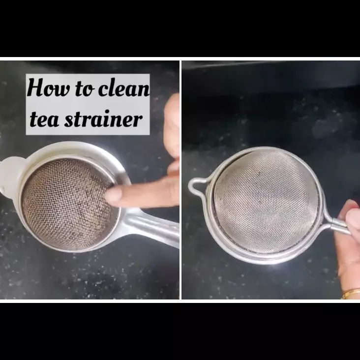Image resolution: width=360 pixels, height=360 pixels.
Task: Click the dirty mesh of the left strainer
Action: [64, 202]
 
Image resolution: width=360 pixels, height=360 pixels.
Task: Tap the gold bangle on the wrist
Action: [351, 294]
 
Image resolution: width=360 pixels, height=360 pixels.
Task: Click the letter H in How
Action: [33, 89]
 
